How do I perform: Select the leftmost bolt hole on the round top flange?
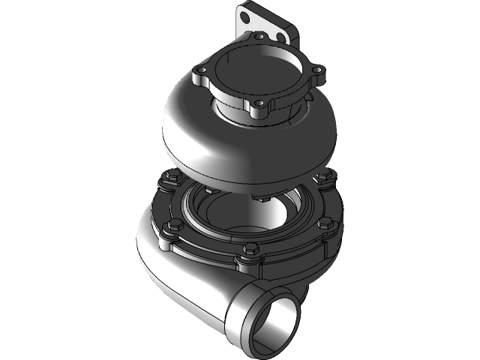(x=199, y=72)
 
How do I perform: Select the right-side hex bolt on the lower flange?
(x=327, y=223)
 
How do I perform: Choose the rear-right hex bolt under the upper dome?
(x=324, y=178)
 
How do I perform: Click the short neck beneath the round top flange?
(x=247, y=112)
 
